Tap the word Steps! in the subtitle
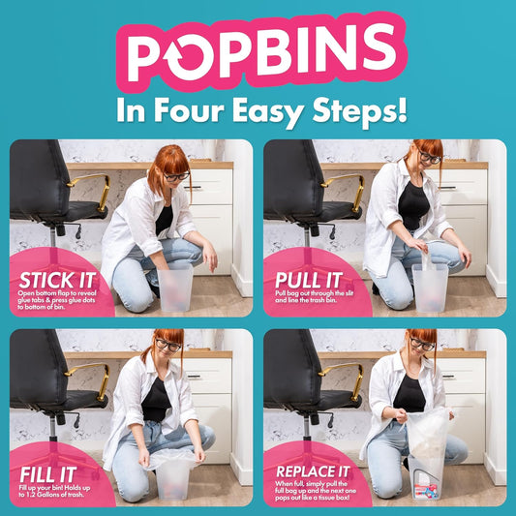tap(360, 112)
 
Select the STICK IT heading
tap(57, 281)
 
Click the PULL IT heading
tap(309, 281)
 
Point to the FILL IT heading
tap(48, 475)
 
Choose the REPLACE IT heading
tap(313, 471)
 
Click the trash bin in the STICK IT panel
tap(174, 288)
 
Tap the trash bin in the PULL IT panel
tap(430, 288)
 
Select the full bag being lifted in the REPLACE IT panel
tap(428, 434)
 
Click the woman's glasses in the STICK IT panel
tap(177, 177)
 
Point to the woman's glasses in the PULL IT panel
tap(430, 158)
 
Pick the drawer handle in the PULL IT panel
tap(448, 188)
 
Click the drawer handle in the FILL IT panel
tap(194, 377)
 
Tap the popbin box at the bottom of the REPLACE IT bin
tap(426, 491)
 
